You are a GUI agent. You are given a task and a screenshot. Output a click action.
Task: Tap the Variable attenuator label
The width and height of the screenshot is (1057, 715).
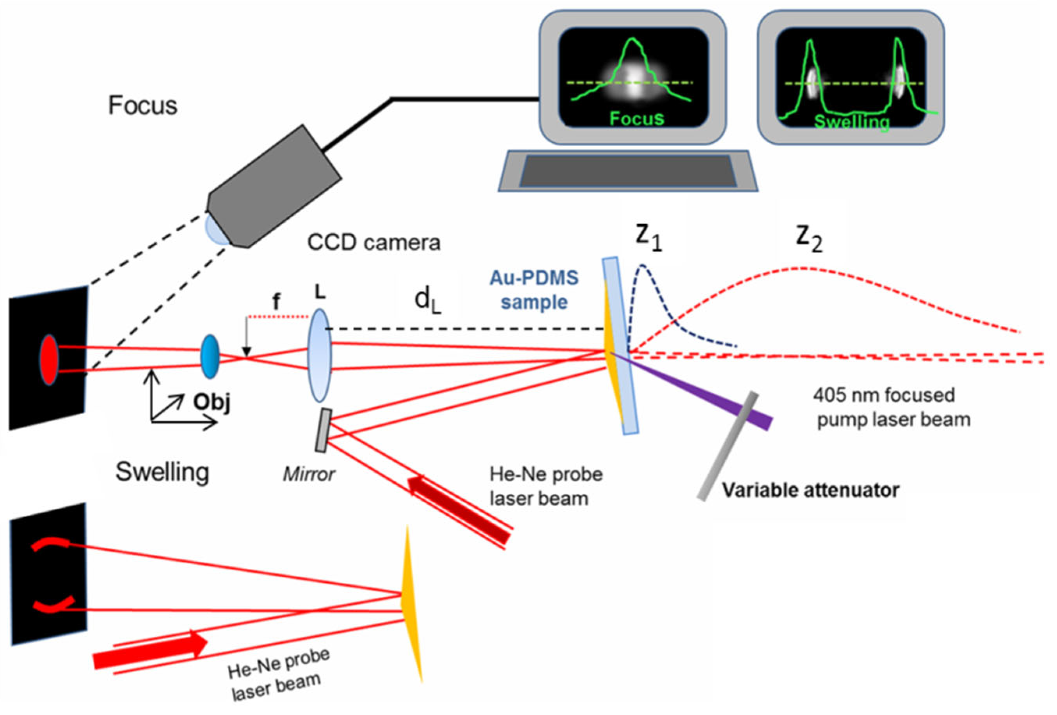[x=811, y=490]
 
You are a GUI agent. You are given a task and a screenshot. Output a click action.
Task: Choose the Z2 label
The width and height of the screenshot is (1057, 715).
[x=809, y=239]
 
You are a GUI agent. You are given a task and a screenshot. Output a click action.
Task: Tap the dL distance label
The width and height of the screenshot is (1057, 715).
[x=428, y=301]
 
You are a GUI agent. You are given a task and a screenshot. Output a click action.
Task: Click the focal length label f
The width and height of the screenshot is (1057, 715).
[x=276, y=301]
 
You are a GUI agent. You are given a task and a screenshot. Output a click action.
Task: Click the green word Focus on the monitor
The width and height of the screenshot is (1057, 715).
[x=637, y=118]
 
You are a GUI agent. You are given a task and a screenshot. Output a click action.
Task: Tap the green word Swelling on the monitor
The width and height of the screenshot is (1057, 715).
[x=851, y=122]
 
